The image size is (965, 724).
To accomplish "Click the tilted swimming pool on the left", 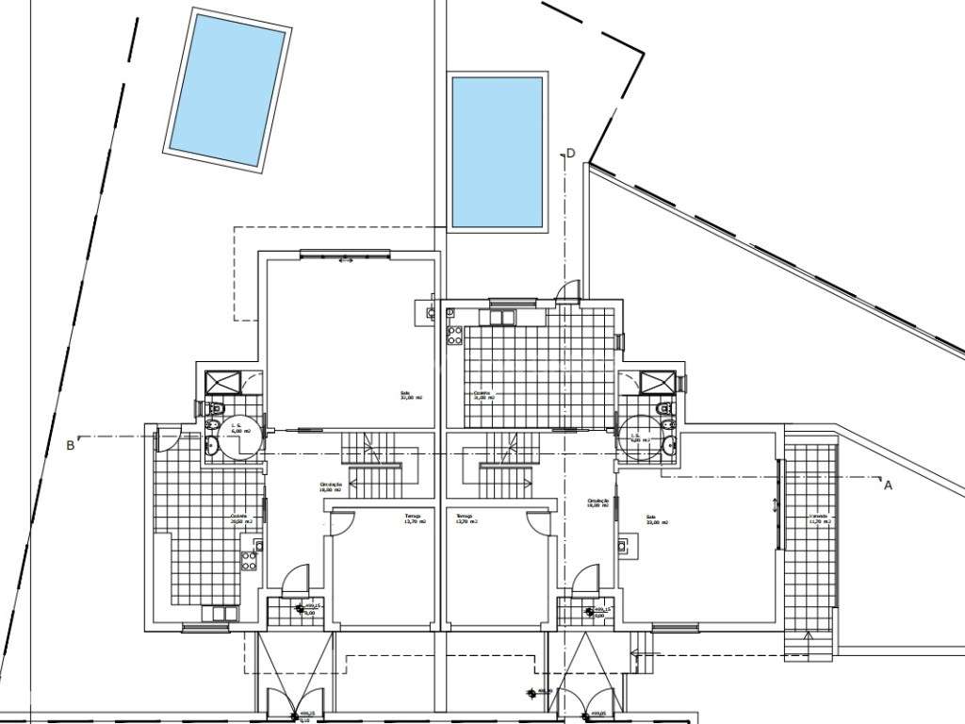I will click(x=227, y=90).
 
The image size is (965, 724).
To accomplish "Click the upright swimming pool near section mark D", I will click(x=498, y=152).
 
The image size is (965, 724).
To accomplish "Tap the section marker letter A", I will click(x=887, y=486).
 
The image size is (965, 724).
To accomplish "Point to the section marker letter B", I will click(x=71, y=446).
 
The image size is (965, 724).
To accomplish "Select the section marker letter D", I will click(x=569, y=154).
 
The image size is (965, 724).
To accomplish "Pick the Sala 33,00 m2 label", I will click(x=656, y=520).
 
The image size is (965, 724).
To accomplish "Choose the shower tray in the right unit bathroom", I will click(x=653, y=382).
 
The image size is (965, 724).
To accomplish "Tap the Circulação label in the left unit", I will click(x=330, y=487).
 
